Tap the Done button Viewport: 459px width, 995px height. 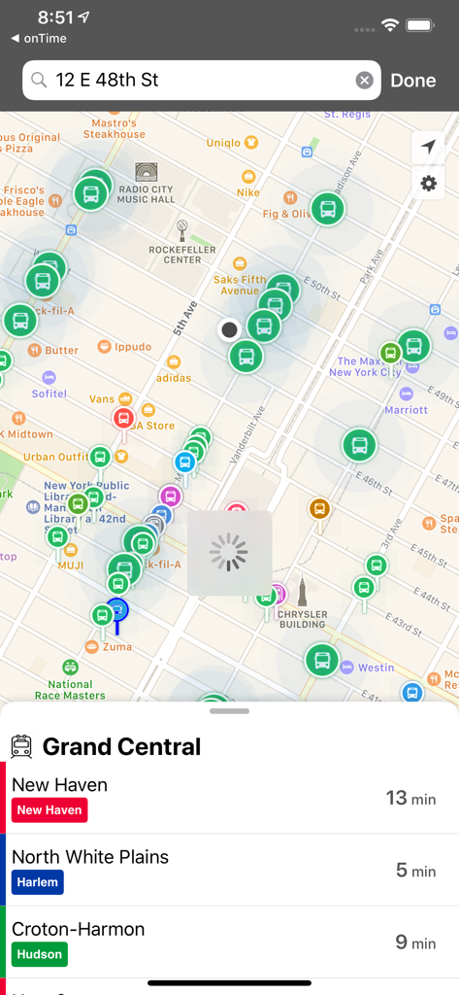click(x=412, y=81)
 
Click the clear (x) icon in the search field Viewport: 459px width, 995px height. click(x=364, y=81)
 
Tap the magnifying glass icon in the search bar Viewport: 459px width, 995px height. click(x=39, y=81)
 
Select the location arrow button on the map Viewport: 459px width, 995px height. click(x=428, y=148)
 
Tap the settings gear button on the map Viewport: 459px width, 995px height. click(x=428, y=183)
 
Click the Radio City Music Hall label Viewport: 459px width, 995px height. click(x=147, y=193)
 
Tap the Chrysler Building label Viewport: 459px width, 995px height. click(x=302, y=619)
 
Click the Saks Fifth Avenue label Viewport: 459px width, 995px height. click(x=240, y=285)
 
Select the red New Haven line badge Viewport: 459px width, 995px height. click(x=49, y=810)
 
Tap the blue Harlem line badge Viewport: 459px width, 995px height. click(x=38, y=882)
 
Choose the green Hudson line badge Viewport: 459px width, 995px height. click(x=40, y=954)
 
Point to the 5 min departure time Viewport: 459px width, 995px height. click(x=415, y=871)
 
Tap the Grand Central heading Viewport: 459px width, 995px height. click(x=121, y=746)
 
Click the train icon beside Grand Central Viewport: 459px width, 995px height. click(x=21, y=746)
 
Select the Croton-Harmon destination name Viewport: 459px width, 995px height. click(x=78, y=929)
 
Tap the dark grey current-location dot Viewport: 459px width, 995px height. click(x=230, y=329)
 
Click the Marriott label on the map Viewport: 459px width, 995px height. click(x=406, y=409)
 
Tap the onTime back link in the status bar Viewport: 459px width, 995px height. click(x=39, y=38)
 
